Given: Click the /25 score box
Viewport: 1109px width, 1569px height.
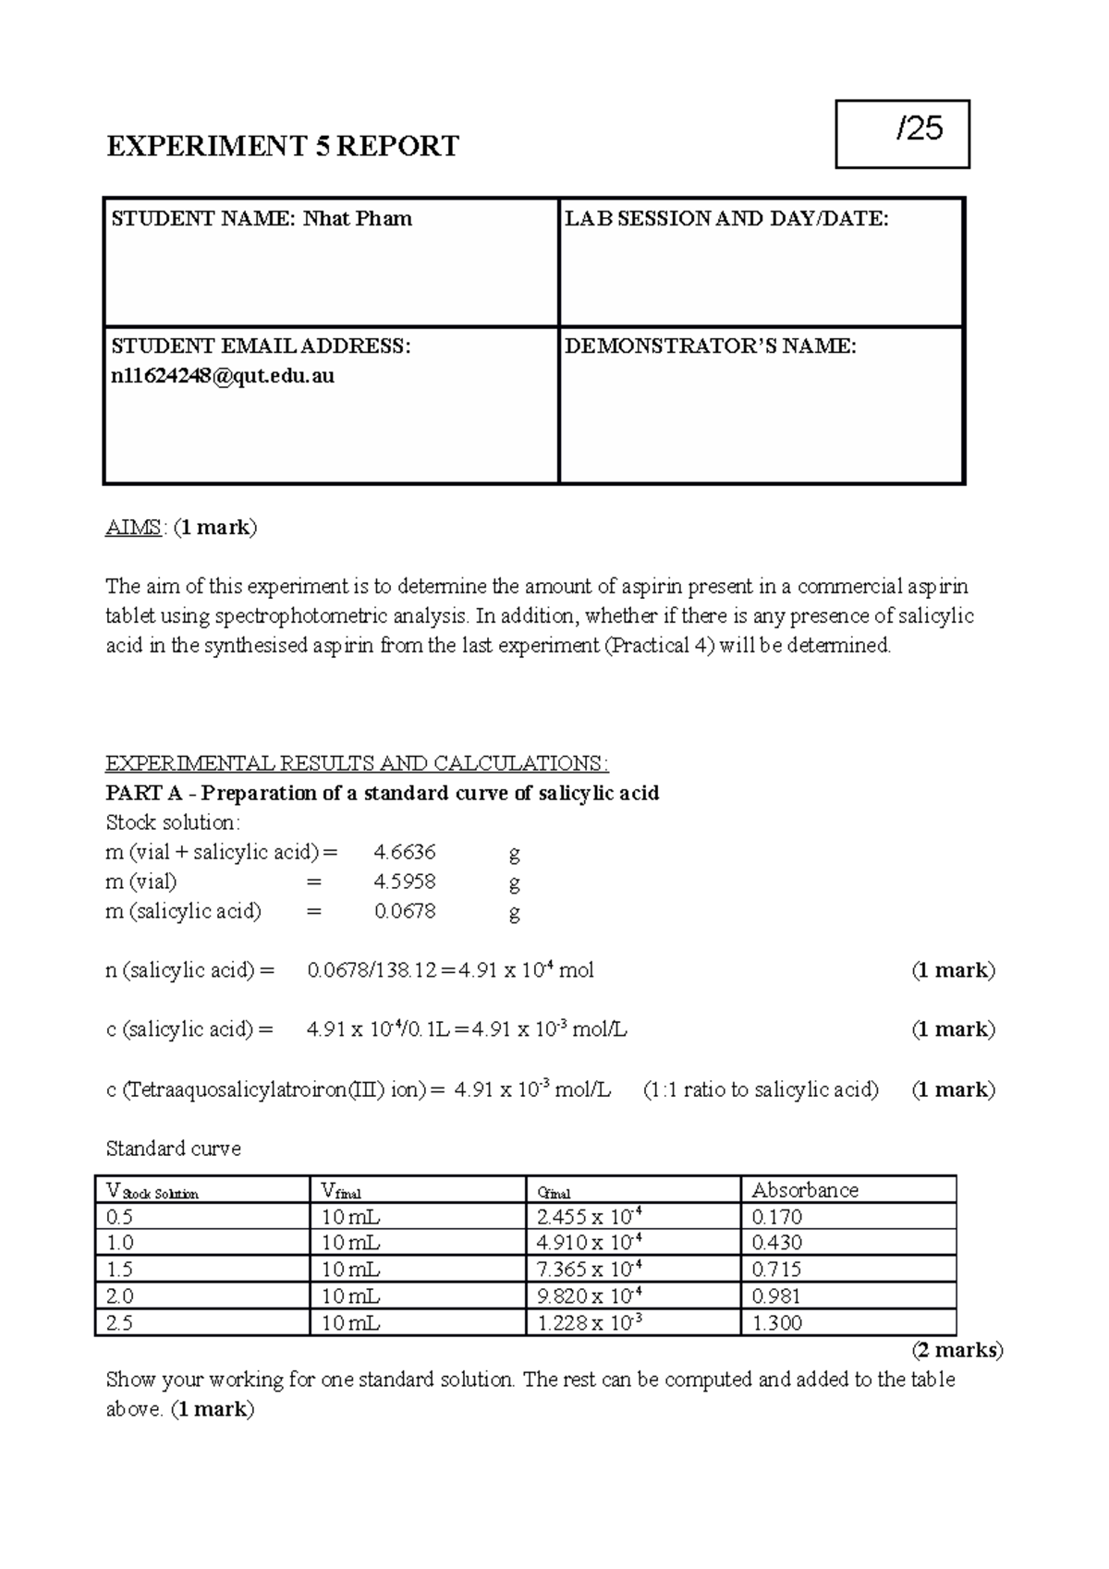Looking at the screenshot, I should [902, 134].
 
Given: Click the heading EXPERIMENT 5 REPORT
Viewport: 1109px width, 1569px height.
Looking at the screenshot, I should [282, 146].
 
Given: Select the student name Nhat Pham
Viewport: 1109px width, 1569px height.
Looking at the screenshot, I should [359, 219].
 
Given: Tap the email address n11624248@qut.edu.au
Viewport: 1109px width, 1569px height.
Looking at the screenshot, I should [223, 376].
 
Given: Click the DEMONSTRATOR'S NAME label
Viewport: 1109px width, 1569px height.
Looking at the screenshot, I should [710, 347].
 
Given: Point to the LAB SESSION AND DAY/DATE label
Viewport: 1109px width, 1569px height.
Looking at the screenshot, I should [726, 219].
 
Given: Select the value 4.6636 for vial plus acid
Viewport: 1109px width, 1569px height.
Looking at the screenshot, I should [404, 852].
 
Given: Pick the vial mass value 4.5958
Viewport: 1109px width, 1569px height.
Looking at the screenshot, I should [404, 882].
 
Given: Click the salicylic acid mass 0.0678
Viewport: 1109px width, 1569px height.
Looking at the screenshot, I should [404, 911].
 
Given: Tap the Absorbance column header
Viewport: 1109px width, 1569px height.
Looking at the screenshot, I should [805, 1190].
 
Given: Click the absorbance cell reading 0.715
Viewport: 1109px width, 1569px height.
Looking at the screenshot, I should [776, 1270].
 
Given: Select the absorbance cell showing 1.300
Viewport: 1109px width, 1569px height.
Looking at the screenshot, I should [776, 1323].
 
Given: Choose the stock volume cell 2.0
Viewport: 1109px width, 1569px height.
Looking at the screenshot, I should [120, 1296].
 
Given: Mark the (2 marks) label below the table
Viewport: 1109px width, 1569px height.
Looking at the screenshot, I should [957, 1350].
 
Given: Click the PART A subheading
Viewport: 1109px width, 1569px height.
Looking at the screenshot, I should [382, 793].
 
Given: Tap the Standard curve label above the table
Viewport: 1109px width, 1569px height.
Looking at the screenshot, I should [173, 1149].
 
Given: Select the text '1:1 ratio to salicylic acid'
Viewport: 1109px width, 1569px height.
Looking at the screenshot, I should [761, 1089].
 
